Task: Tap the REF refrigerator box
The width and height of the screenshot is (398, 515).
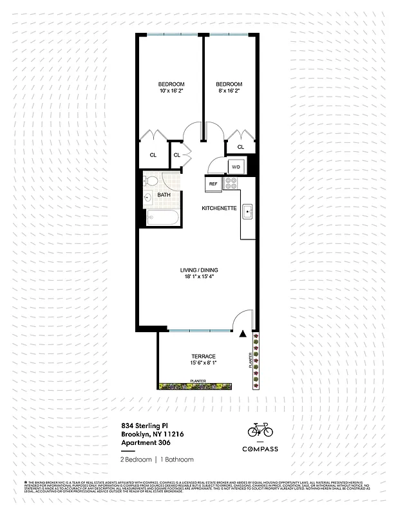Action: (213, 184)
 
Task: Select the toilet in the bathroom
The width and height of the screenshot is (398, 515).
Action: (149, 197)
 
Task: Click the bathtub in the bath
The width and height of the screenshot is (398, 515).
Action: (163, 218)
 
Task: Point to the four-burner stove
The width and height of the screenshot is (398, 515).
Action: (231, 183)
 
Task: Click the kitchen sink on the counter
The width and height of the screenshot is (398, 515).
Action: (248, 213)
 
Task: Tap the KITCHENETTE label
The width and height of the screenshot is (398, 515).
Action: (219, 209)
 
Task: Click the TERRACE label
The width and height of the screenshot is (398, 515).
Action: (203, 357)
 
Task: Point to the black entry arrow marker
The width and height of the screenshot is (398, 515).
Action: (242, 334)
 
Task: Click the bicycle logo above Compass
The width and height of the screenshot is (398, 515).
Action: (260, 429)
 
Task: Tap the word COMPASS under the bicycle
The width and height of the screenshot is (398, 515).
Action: (260, 449)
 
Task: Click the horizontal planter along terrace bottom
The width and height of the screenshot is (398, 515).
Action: (205, 386)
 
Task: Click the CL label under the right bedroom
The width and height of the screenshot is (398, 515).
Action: (241, 147)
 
